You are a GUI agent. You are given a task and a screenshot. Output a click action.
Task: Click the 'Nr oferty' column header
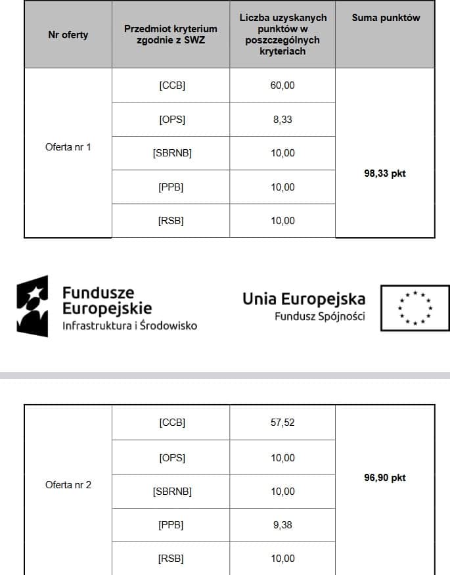pyautogui.click(x=68, y=35)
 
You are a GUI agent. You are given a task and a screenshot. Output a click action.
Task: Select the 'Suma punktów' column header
pyautogui.click(x=386, y=18)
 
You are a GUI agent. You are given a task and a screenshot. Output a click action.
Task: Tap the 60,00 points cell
pyautogui.click(x=282, y=85)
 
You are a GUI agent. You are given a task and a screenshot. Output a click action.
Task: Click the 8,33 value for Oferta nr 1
pyautogui.click(x=282, y=120)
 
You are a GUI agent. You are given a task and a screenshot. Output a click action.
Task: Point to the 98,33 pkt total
pyautogui.click(x=385, y=174)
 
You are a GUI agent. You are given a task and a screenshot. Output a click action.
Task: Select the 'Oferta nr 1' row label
pyautogui.click(x=68, y=147)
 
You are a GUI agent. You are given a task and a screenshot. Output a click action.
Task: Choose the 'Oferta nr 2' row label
pyautogui.click(x=68, y=485)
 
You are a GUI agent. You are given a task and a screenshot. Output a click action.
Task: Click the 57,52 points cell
pyautogui.click(x=282, y=423)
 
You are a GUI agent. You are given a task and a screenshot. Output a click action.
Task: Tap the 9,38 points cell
pyautogui.click(x=282, y=525)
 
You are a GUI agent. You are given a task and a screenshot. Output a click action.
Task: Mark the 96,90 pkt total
pyautogui.click(x=385, y=478)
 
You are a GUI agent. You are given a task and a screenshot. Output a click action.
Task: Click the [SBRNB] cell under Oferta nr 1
pyautogui.click(x=171, y=154)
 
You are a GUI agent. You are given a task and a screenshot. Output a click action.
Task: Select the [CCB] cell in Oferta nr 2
pyautogui.click(x=171, y=423)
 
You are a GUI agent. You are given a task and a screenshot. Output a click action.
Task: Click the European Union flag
pyautogui.click(x=416, y=308)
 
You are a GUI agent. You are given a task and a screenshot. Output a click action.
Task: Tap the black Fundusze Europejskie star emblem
pyautogui.click(x=33, y=306)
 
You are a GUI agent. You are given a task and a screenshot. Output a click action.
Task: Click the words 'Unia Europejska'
pyautogui.click(x=304, y=299)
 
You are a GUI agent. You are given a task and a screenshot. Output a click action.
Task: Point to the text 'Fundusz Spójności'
pyautogui.click(x=320, y=317)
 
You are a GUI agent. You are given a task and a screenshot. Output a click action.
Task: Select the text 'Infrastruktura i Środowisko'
pyautogui.click(x=129, y=325)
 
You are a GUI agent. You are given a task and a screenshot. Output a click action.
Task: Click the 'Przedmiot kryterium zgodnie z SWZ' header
pyautogui.click(x=171, y=35)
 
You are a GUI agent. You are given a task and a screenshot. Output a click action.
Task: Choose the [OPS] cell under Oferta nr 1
pyautogui.click(x=171, y=120)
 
